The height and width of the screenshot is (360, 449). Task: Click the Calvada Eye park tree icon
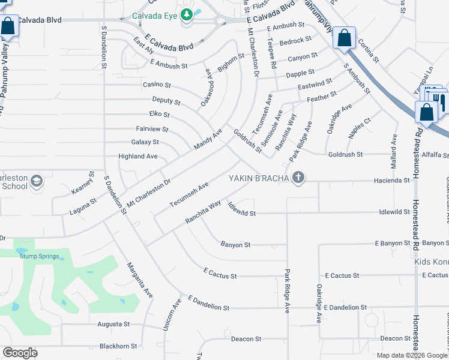pyautogui.click(x=187, y=14)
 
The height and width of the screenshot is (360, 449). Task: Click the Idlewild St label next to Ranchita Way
pyautogui.click(x=241, y=212)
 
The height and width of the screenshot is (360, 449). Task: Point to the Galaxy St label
pyautogui.click(x=145, y=142)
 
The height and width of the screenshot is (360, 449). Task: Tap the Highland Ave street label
pyautogui.click(x=138, y=156)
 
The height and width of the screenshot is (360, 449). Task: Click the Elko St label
pyautogui.click(x=159, y=114)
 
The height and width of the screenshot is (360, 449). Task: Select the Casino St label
pyautogui.click(x=157, y=85)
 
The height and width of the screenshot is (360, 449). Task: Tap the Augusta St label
pyautogui.click(x=114, y=324)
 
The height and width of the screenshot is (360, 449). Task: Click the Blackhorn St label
pyautogui.click(x=118, y=346)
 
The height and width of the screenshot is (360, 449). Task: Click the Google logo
pyautogui.click(x=20, y=352)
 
